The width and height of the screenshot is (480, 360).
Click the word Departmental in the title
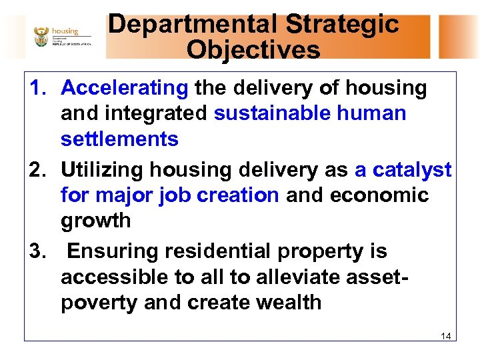[193, 25]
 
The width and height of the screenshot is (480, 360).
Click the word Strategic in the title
[343, 25]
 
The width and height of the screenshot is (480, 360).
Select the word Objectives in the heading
[253, 50]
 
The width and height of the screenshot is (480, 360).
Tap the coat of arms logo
[41, 37]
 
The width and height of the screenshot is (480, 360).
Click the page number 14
[445, 336]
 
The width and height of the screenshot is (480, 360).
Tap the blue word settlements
[119, 139]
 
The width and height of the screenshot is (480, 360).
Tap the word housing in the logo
[65, 31]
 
